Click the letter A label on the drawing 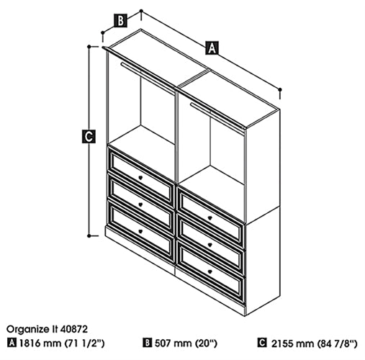coord(212,48)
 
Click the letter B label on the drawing coord(120,21)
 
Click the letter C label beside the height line coord(89,136)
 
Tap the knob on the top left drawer coord(140,178)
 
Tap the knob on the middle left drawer coord(140,204)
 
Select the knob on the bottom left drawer coord(140,231)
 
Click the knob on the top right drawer coord(210,218)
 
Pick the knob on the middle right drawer coord(210,245)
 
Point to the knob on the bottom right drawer coord(210,271)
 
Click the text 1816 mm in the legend coord(40,343)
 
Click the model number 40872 coord(74,329)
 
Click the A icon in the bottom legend coord(12,343)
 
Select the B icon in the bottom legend coord(148,343)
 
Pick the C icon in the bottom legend coord(262,343)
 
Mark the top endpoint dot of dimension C coord(89,46)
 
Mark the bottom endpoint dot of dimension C coord(89,236)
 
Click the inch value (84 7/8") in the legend coord(337,343)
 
